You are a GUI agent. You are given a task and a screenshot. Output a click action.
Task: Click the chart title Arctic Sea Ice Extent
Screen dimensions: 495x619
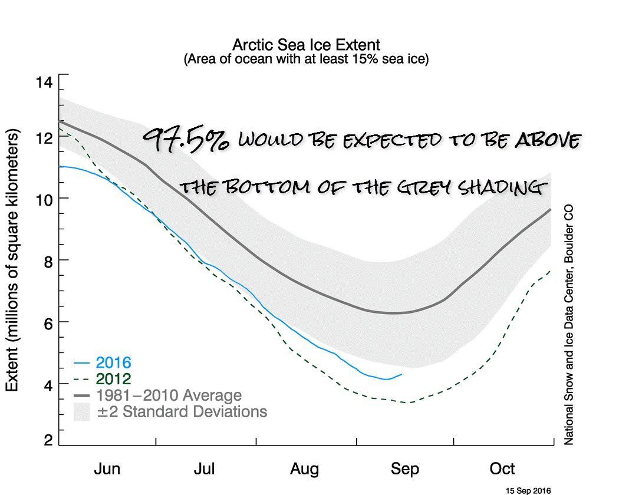pyautogui.click(x=306, y=45)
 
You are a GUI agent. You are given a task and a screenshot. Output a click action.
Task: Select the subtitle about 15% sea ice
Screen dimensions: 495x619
pyautogui.click(x=306, y=59)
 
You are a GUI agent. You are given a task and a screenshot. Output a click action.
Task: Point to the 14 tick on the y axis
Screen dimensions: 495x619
pyautogui.click(x=44, y=82)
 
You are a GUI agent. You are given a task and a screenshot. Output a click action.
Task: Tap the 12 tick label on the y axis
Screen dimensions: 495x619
pyautogui.click(x=44, y=137)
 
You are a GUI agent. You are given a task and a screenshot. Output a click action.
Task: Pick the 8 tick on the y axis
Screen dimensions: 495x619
pyautogui.click(x=47, y=260)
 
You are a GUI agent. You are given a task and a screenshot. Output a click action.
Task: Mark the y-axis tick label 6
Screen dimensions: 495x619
pyautogui.click(x=47, y=322)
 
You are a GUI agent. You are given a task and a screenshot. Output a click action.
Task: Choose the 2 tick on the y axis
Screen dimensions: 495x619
pyautogui.click(x=47, y=441)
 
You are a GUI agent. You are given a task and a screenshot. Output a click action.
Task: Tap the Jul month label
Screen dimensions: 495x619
pyautogui.click(x=205, y=469)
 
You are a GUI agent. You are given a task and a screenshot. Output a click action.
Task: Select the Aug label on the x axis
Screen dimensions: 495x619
pyautogui.click(x=304, y=469)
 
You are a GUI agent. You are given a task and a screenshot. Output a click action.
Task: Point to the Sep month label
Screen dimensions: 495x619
pyautogui.click(x=404, y=469)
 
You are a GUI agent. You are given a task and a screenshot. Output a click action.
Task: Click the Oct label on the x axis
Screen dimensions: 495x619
pyautogui.click(x=503, y=469)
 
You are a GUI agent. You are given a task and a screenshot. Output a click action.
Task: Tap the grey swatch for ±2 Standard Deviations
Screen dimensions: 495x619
pyautogui.click(x=81, y=411)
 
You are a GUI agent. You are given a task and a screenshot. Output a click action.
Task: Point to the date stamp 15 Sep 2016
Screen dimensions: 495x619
pyautogui.click(x=528, y=490)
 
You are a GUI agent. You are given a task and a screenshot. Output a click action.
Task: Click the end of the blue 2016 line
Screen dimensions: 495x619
pyautogui.click(x=402, y=374)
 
